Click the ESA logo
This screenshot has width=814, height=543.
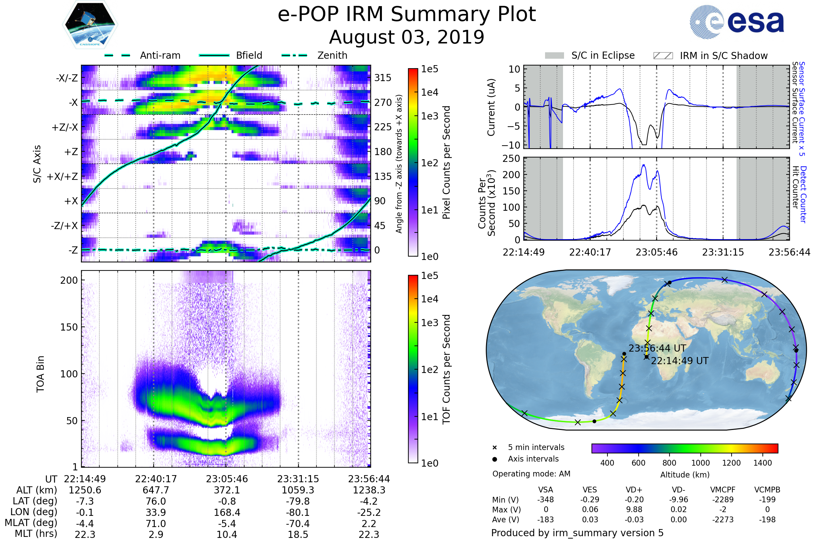coord(737,22)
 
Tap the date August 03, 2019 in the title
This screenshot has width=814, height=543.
coord(407,37)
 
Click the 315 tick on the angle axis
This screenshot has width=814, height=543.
coord(383,78)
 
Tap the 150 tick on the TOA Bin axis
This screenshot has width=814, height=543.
coord(69,327)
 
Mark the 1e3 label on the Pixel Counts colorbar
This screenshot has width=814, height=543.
coord(429,116)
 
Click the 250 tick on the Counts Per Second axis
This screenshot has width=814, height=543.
coord(511,158)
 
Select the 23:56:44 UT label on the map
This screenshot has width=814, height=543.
coord(657,348)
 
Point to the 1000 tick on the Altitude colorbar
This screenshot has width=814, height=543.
coord(700,463)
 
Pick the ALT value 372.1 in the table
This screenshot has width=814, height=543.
coord(227,490)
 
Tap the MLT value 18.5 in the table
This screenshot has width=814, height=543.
coord(298,534)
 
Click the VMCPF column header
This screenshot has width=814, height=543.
coord(723,490)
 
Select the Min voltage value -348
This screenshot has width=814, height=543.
coord(545,500)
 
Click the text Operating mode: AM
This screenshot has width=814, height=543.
coord(531,474)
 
